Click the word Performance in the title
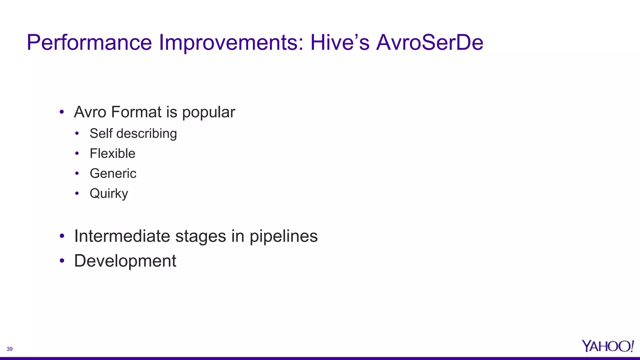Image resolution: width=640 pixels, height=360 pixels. [x=89, y=42]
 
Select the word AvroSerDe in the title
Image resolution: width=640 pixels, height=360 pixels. [x=430, y=42]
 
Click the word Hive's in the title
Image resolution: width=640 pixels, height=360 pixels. [x=340, y=42]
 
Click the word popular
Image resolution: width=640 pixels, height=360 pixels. [x=208, y=112]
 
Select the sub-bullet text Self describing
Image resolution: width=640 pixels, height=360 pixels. [x=133, y=134]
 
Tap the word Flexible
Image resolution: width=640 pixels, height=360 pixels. [x=112, y=153]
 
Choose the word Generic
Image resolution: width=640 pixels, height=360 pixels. [x=113, y=173]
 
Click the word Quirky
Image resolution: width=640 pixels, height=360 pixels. [x=109, y=193]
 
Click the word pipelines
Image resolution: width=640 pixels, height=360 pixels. [x=283, y=237]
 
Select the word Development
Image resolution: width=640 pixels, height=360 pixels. [x=125, y=261]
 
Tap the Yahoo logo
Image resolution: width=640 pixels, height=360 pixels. [x=607, y=346]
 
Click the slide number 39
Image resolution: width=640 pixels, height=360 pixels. [x=10, y=349]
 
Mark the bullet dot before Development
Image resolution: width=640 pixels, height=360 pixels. [x=62, y=261]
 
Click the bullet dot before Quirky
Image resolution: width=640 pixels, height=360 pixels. [x=77, y=193]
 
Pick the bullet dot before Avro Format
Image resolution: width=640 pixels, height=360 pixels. [x=62, y=112]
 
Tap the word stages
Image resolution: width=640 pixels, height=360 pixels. [x=201, y=237]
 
